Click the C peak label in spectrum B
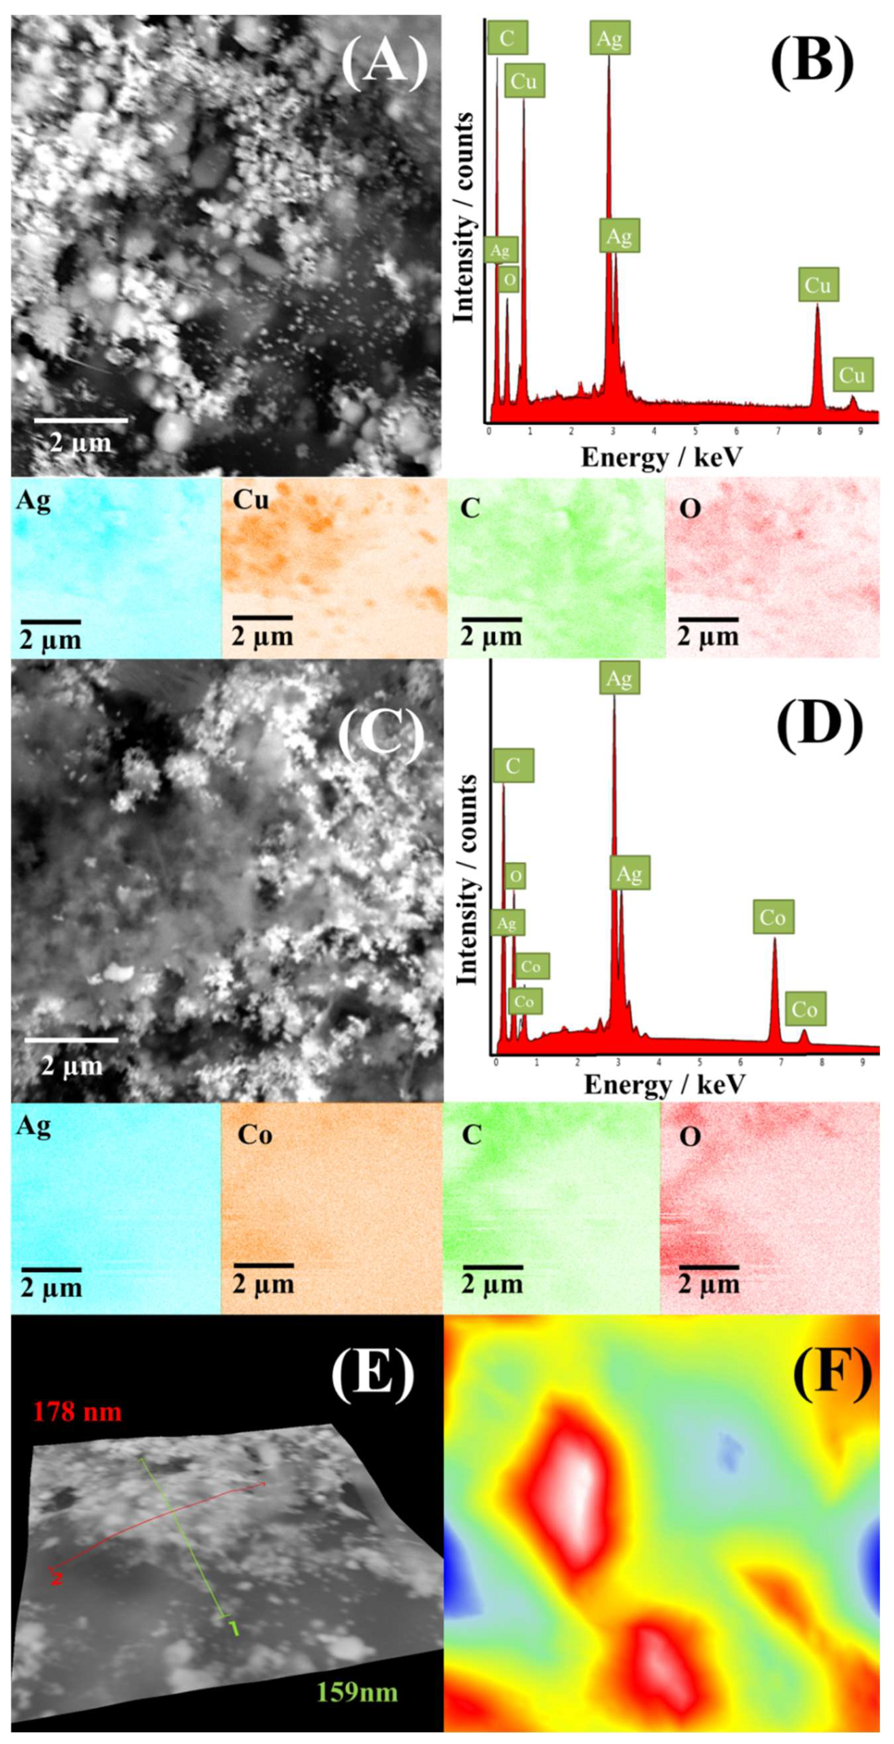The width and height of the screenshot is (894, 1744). [x=507, y=38]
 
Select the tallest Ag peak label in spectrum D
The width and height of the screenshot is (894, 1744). [x=619, y=678]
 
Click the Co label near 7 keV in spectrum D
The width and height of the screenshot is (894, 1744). [x=772, y=917]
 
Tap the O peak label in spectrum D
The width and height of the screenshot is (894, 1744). [x=516, y=877]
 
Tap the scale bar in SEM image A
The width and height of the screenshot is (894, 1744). [x=81, y=420]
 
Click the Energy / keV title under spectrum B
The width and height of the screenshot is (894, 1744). [x=661, y=458]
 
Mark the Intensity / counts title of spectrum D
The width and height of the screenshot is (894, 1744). [x=466, y=880]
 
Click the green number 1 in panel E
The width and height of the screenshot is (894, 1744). [x=234, y=1627]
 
